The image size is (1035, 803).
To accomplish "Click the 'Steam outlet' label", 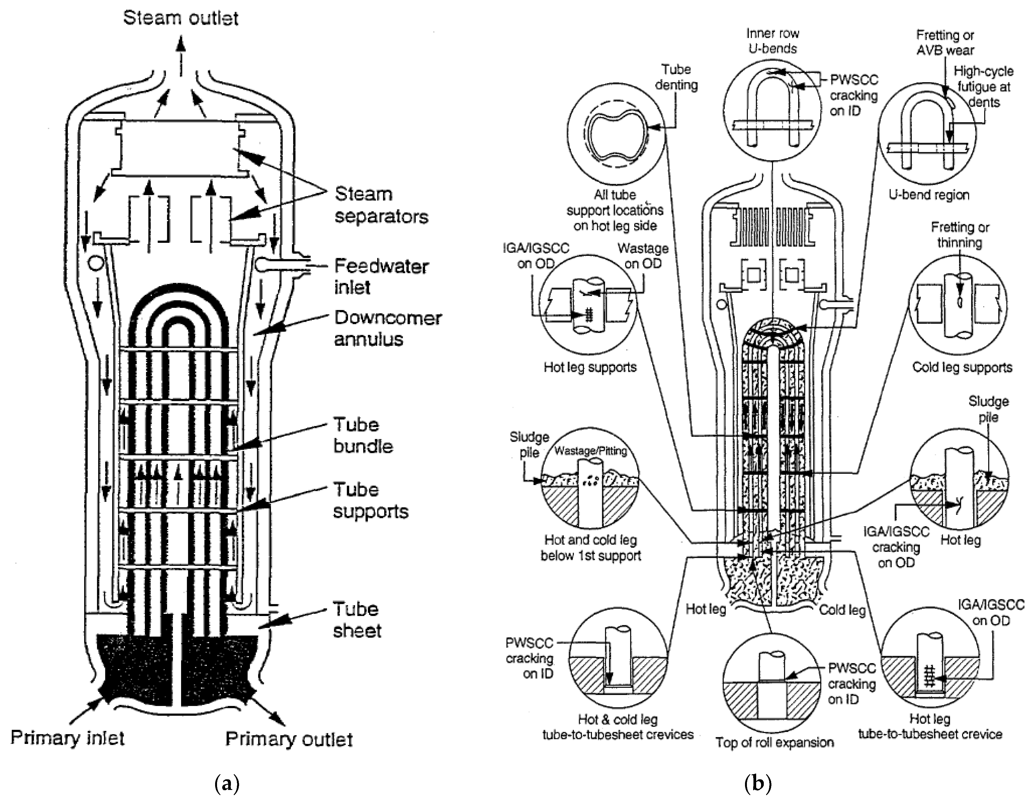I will [x=181, y=18].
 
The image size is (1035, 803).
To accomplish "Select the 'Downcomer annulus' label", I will [x=388, y=328].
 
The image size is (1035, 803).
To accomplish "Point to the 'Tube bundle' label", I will [x=363, y=435].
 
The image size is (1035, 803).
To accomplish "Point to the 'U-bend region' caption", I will [x=929, y=195].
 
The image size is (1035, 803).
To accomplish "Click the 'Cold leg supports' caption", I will [x=962, y=367].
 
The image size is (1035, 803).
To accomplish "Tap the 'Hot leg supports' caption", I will [x=590, y=367].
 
